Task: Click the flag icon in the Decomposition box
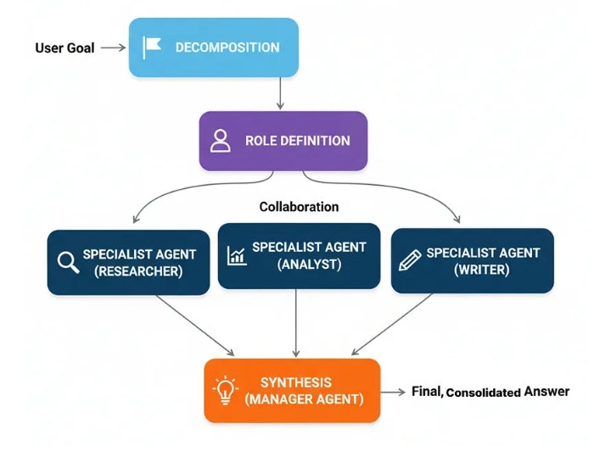pos(152,47)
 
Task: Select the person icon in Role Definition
pos(221,141)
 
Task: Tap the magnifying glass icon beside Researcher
pos(68,263)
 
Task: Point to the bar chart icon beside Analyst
pos(236,254)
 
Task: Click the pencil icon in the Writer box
pos(410,260)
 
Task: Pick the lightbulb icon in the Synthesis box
pos(226,390)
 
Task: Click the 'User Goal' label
pos(64,47)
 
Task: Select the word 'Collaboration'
pos(299,207)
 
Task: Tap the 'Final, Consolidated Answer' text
pos(490,392)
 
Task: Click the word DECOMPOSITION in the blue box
pos(227,47)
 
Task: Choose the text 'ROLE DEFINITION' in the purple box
pos(297,141)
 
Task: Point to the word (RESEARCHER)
pos(139,271)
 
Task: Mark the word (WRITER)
pos(481,270)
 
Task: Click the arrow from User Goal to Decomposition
pos(113,47)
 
